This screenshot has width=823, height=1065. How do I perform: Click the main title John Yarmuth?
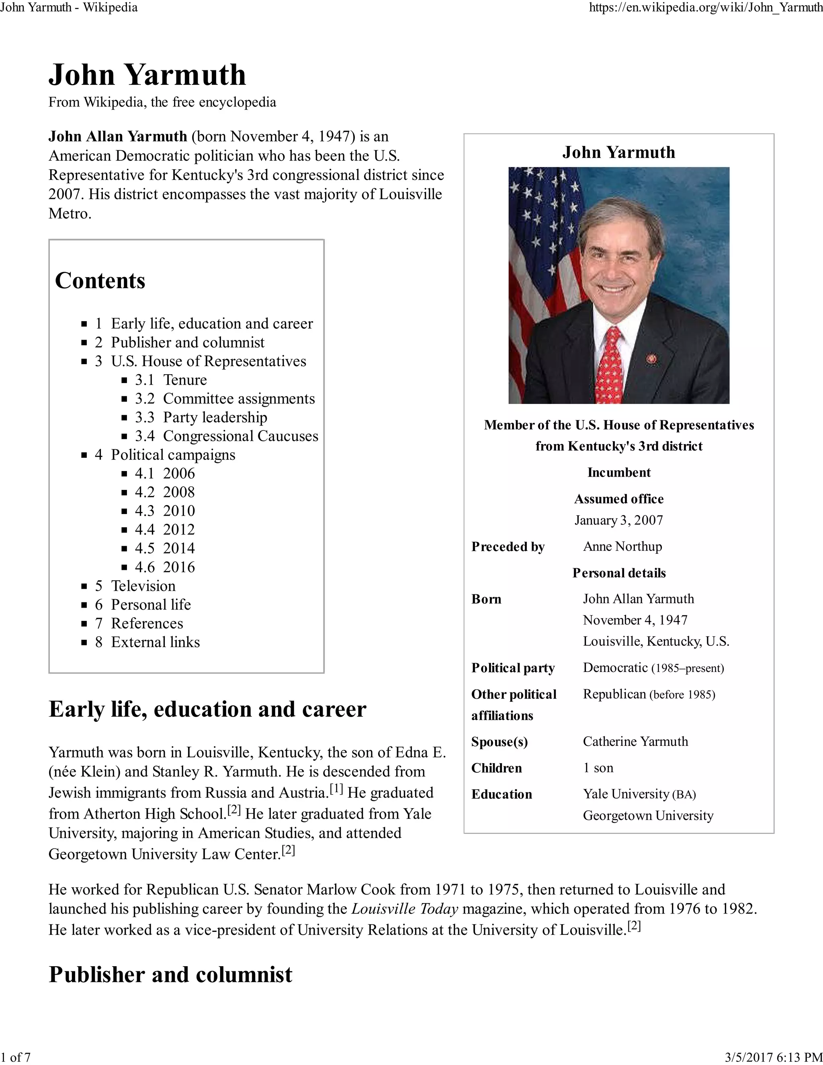(147, 75)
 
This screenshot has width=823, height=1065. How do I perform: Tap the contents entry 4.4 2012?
(165, 529)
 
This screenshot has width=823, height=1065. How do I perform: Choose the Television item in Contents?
(143, 586)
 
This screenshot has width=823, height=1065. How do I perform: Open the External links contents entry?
(155, 642)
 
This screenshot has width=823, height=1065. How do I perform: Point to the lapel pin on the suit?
(652, 359)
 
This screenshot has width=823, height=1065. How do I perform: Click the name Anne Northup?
(622, 546)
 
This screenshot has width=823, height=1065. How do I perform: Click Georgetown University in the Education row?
(648, 815)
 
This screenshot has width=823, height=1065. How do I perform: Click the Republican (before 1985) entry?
(649, 694)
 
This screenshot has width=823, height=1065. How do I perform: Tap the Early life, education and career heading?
(207, 709)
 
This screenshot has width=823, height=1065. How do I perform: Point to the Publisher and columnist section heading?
(171, 975)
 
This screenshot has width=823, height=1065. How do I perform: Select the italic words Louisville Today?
(405, 909)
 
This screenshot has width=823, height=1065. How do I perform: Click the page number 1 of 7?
(16, 1057)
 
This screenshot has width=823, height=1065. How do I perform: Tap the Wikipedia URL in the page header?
(706, 7)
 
